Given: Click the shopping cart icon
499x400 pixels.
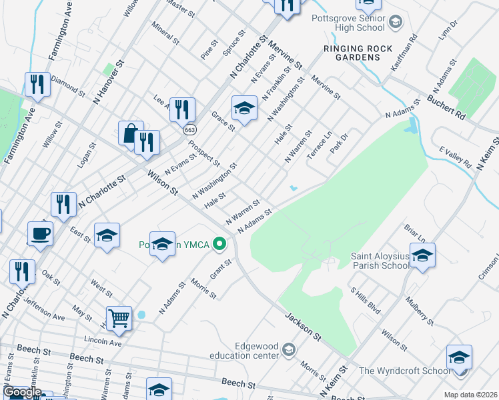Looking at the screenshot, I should click(119, 318).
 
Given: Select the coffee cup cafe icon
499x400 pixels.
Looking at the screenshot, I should click(40, 234).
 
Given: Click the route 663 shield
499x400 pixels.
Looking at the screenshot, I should click(190, 129).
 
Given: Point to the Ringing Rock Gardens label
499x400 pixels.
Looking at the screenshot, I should click(352, 53).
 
